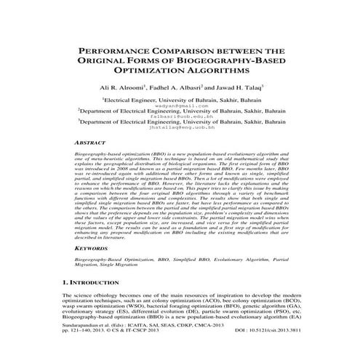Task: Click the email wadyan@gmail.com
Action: (180, 105)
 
